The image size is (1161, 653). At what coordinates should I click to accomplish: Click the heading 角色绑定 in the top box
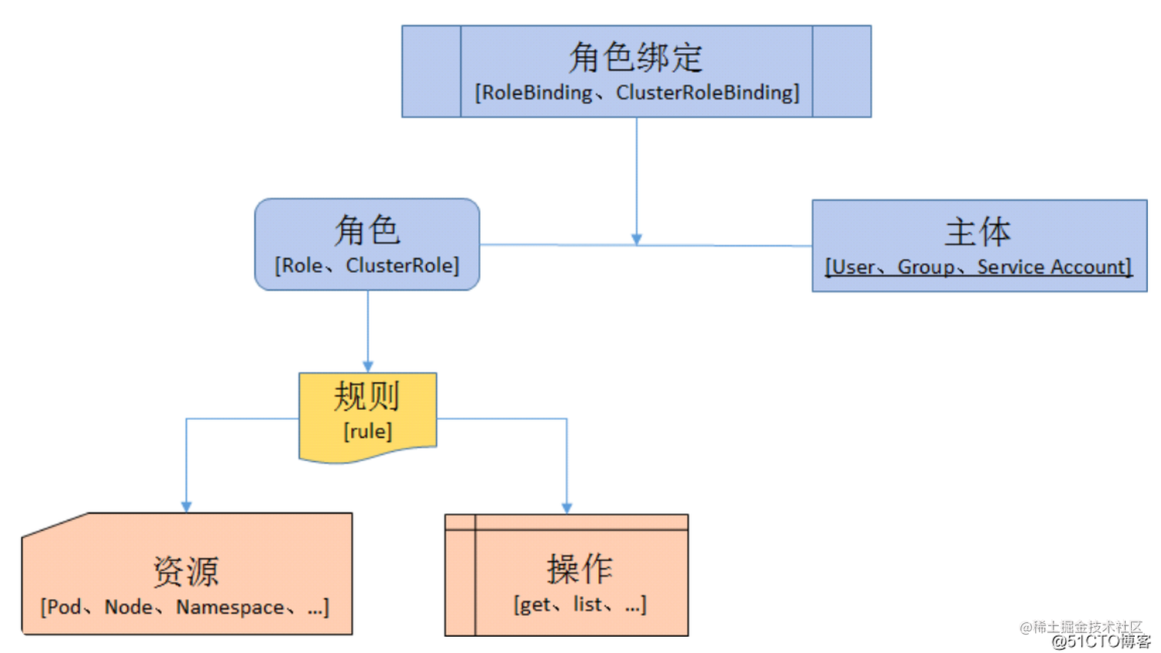636,58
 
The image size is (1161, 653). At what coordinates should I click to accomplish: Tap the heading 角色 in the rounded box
367,230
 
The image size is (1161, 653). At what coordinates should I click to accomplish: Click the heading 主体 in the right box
977,232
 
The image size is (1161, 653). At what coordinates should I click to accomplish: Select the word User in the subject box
853,267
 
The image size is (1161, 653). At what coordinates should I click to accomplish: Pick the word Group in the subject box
925,267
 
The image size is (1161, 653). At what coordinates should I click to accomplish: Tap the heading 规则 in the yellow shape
367,397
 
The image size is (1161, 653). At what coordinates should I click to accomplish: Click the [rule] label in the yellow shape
368,431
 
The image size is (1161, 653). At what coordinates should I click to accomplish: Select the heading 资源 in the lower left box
186,572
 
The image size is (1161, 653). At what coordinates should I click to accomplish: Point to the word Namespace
230,607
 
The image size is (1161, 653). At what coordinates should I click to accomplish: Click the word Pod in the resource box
64,607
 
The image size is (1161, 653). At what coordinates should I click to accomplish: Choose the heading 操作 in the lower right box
580,569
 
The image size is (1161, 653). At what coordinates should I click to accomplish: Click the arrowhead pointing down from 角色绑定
637,239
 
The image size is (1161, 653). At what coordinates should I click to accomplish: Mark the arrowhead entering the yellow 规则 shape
368,367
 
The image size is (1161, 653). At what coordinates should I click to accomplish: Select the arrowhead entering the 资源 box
187,506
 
